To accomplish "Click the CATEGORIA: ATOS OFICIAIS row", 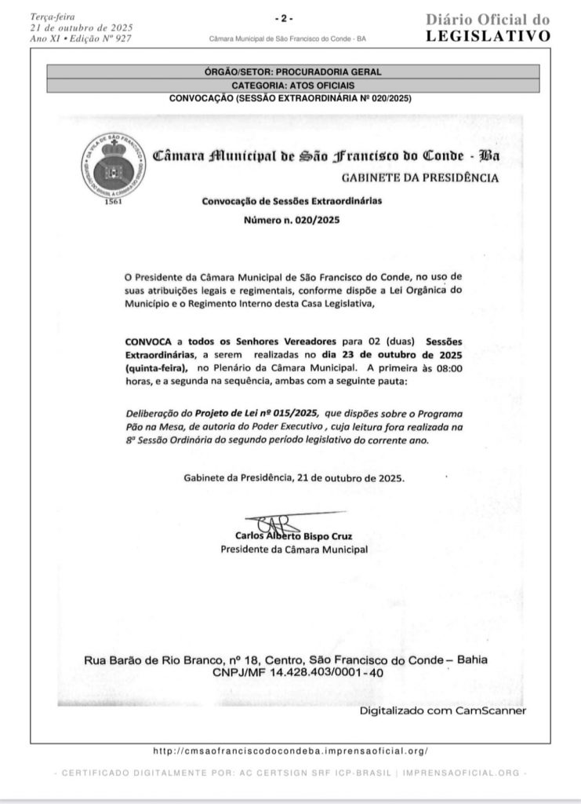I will (x=290, y=84).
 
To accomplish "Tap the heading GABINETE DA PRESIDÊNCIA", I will (x=427, y=177).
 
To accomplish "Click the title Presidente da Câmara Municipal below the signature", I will (x=293, y=550).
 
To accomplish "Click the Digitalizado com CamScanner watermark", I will (x=443, y=711).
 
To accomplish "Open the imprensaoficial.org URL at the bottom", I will (x=290, y=751).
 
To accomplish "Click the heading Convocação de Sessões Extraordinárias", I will (x=292, y=201).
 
